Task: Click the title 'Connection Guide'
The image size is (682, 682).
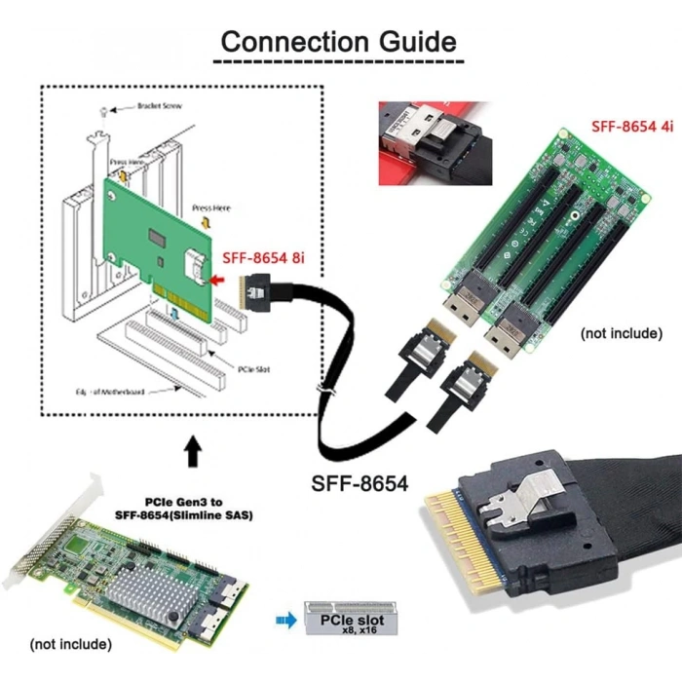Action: [x=338, y=41]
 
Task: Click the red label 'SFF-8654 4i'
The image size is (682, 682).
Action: [x=630, y=127]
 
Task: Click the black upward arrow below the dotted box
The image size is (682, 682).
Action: [x=194, y=451]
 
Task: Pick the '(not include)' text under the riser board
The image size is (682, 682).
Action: [x=621, y=333]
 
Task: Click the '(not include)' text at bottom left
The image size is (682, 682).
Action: [x=70, y=644]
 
